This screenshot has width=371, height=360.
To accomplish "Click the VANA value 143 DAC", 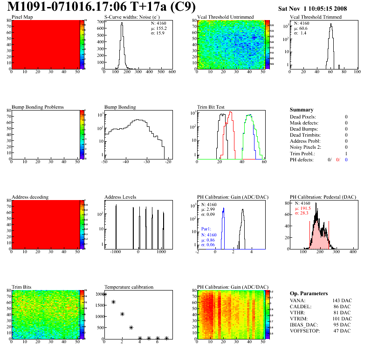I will pos(341,300).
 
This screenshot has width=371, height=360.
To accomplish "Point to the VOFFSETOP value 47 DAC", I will pos(343,331).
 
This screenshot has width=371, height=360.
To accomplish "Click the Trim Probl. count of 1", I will pos(346,153).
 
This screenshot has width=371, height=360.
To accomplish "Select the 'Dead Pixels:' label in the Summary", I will pos(303,117).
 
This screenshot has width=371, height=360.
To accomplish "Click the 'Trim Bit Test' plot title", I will pos(211,107).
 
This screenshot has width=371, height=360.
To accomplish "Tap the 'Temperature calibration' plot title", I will pos(129,287).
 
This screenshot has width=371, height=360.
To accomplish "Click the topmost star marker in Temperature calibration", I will pos(105,294).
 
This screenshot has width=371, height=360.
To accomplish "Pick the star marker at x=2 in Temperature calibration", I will pos(123,314).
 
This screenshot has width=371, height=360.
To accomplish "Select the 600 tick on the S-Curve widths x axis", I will pos(172,72).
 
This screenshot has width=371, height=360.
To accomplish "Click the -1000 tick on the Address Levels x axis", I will pos(116,252).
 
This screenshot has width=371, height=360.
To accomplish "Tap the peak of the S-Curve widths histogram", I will pos(122,24).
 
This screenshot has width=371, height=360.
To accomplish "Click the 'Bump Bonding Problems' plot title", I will pos(37,107).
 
